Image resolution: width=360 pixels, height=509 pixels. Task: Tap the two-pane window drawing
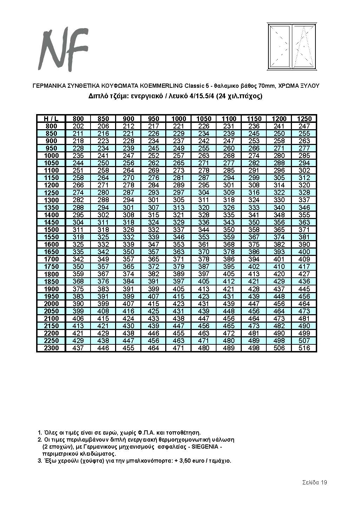(292, 47)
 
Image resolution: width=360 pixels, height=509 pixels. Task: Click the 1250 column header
(304, 119)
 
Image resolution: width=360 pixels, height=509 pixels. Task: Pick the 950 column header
(154, 119)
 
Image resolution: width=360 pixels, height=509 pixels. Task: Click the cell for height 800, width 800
(78, 126)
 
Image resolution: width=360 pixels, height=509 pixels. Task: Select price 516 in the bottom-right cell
(304, 348)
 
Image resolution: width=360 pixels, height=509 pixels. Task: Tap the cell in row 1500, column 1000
(179, 230)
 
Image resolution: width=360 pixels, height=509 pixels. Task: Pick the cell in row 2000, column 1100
(229, 304)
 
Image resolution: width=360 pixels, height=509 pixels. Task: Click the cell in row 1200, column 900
(128, 185)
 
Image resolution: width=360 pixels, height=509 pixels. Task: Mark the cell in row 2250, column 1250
(304, 341)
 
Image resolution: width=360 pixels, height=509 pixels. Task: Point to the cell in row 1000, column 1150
(254, 156)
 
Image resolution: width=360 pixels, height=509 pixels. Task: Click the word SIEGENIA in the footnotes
(205, 447)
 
